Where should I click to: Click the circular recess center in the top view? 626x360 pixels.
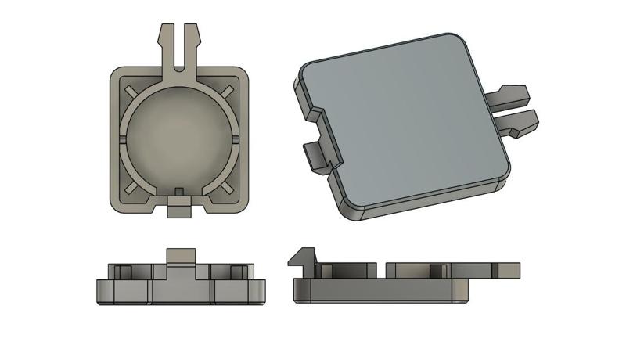pyautogui.click(x=179, y=136)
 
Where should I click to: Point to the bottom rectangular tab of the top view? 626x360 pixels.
pyautogui.click(x=179, y=210)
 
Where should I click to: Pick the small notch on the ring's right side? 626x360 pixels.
pyautogui.click(x=235, y=139)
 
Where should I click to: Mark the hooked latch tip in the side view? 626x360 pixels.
pyautogui.click(x=300, y=257)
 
